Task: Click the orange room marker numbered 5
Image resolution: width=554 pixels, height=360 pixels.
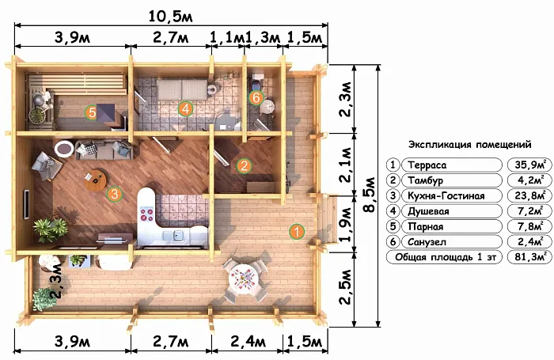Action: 92,112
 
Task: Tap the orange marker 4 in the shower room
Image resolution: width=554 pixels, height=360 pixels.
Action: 185,109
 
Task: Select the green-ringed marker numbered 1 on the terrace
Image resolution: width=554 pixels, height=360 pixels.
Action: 297,231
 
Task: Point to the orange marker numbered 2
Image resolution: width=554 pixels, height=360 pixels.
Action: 244,165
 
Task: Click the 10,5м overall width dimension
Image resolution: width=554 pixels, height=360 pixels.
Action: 171,17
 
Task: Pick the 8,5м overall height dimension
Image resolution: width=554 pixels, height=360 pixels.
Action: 370,195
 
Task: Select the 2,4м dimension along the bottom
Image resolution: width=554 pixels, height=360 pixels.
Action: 248,341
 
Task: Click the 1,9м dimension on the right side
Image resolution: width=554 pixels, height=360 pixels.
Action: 345,224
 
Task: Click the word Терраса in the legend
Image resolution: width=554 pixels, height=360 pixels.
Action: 427,165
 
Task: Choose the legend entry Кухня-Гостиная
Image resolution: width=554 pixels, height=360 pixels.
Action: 446,195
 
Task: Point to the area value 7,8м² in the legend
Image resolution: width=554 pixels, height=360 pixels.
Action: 529,226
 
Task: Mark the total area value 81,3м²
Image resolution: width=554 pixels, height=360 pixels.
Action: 529,256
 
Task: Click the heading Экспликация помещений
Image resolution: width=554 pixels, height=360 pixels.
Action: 470,145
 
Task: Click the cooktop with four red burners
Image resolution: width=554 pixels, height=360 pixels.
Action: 146,214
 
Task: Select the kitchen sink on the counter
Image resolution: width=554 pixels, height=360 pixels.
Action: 177,234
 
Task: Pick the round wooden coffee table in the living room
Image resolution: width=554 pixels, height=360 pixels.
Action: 95,180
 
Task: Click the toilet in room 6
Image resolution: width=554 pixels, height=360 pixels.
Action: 256,82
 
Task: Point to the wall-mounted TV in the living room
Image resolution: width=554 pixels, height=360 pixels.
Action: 26,205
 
